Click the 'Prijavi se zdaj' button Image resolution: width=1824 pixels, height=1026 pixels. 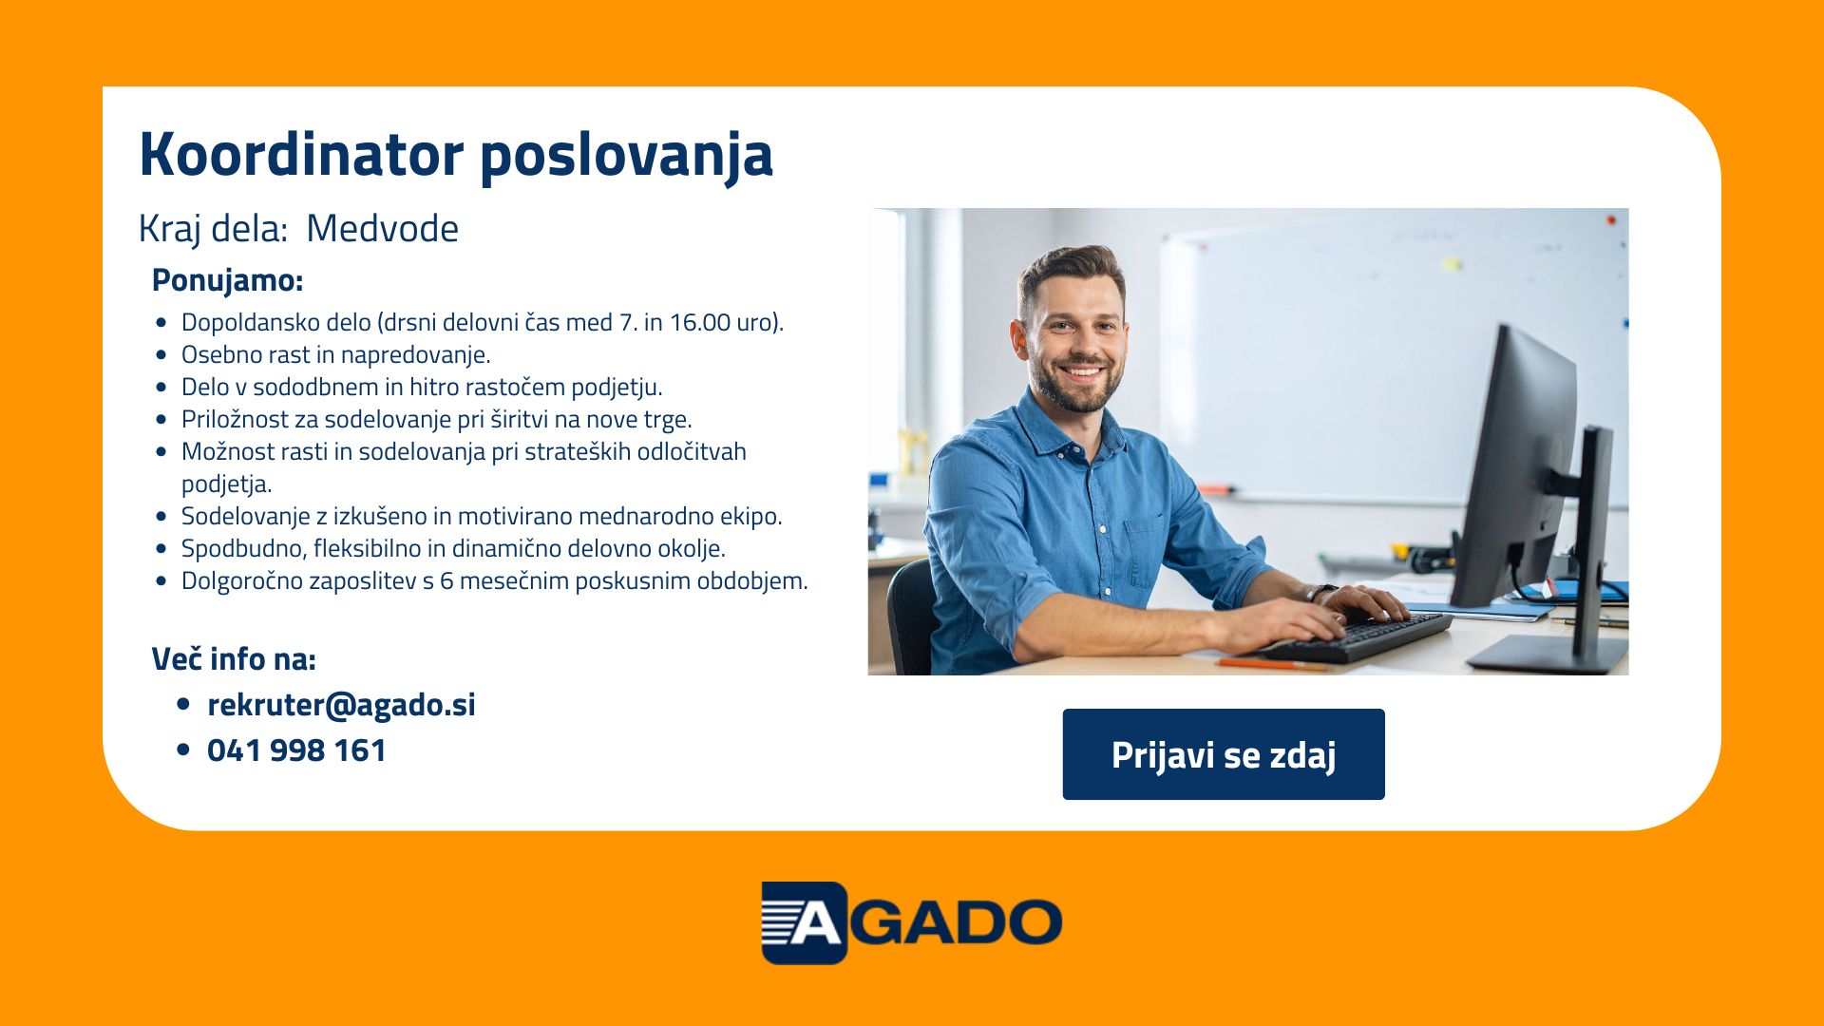1224,754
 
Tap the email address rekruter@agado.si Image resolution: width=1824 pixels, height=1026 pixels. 341,705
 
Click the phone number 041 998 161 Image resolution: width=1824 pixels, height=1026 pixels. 296,750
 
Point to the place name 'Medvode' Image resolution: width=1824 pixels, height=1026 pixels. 382,229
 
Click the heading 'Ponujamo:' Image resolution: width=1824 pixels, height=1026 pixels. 227,280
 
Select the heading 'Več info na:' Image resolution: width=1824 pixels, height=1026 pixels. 234,658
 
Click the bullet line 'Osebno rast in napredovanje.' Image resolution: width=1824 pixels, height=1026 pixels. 336,355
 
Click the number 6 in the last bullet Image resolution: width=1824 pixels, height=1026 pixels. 446,580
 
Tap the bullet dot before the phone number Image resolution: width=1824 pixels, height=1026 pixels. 184,750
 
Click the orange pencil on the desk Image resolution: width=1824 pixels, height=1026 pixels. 1272,664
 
